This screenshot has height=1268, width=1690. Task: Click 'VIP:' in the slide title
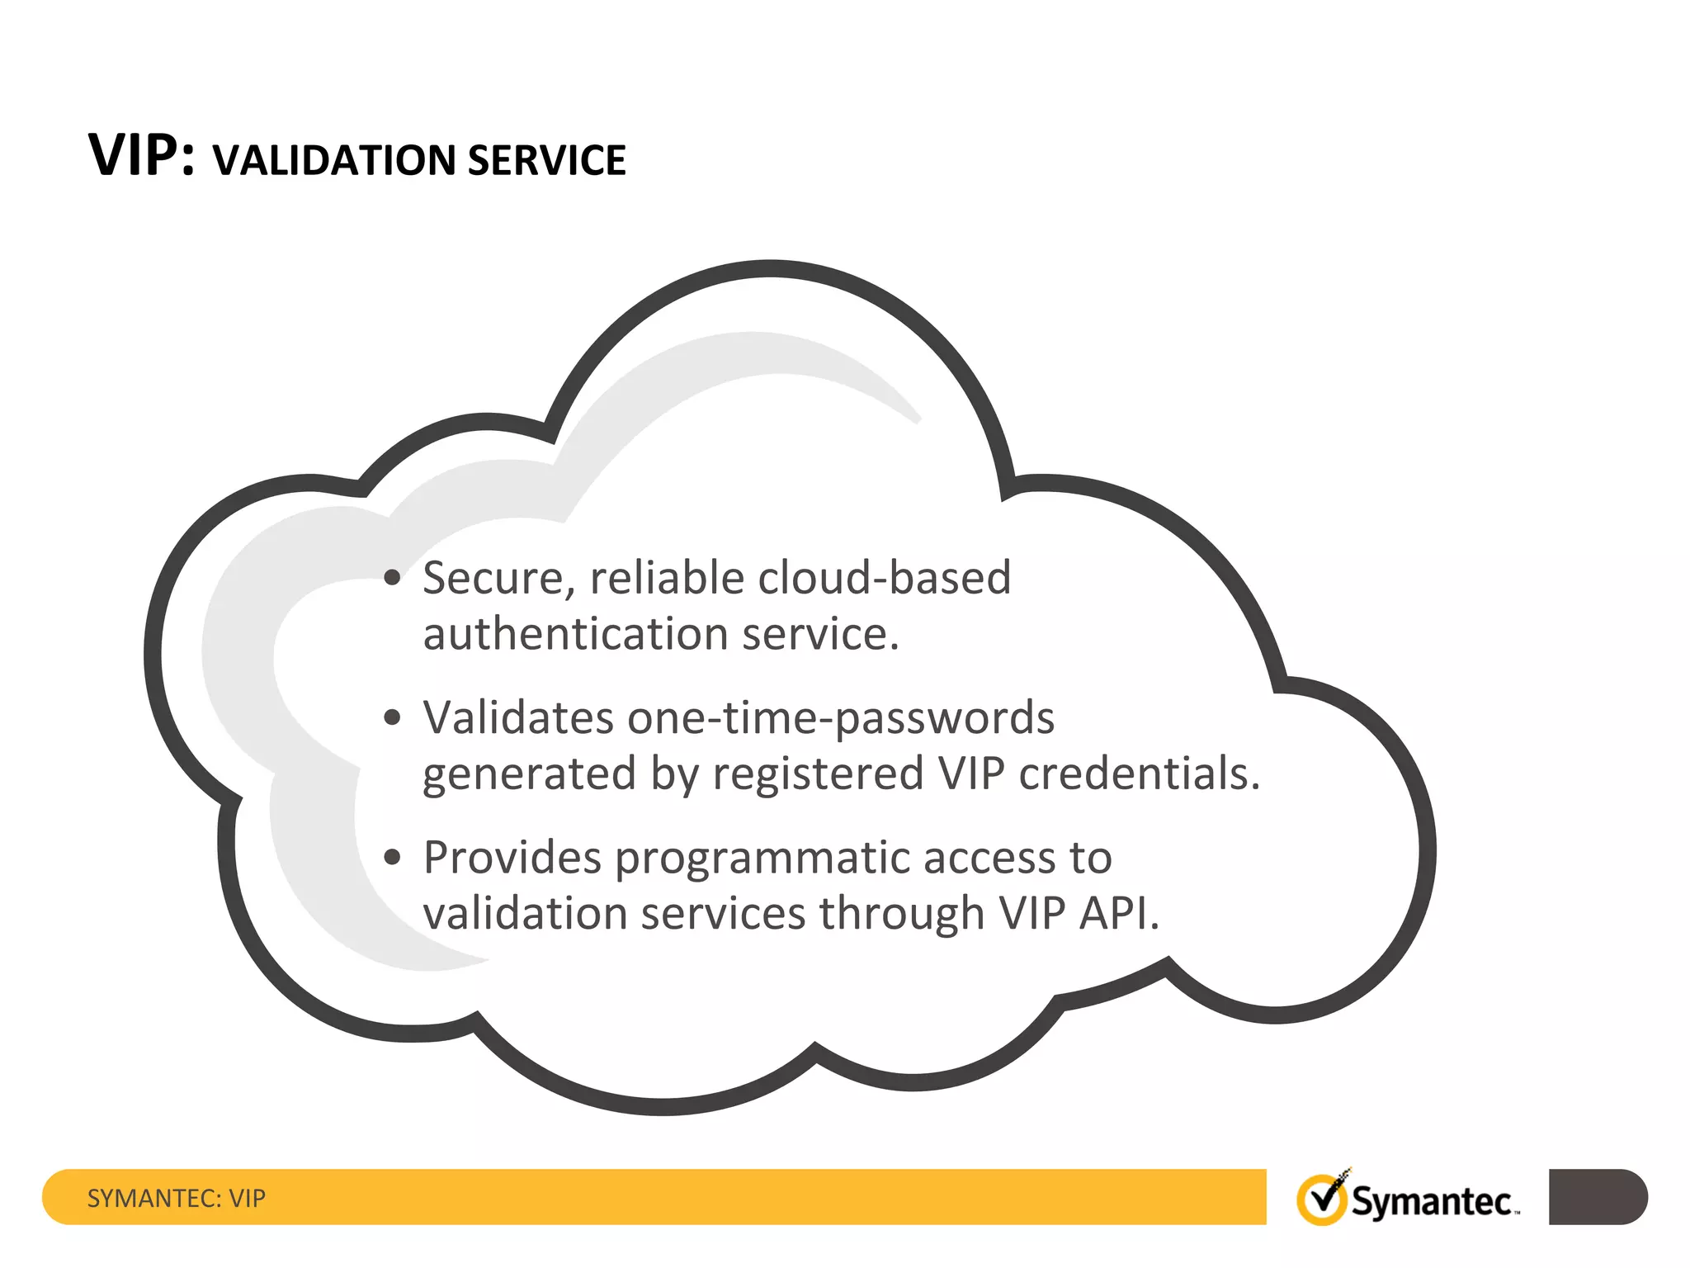pyautogui.click(x=141, y=155)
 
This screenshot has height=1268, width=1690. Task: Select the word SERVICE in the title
pyautogui.click(x=546, y=160)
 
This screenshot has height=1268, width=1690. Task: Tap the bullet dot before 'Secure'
pyautogui.click(x=393, y=578)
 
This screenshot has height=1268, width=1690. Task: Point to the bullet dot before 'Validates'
pyautogui.click(x=393, y=717)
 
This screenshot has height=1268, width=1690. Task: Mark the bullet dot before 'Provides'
pyautogui.click(x=393, y=857)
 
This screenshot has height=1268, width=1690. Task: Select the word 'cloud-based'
pyautogui.click(x=884, y=578)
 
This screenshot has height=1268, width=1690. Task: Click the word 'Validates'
pyautogui.click(x=518, y=717)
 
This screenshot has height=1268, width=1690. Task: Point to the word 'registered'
pyautogui.click(x=818, y=774)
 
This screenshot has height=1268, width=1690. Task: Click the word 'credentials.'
pyautogui.click(x=1140, y=774)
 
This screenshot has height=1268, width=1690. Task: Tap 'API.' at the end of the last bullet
pyautogui.click(x=1119, y=913)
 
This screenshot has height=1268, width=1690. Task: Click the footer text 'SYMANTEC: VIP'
pyautogui.click(x=177, y=1198)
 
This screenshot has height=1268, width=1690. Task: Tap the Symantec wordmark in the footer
pyautogui.click(x=1433, y=1202)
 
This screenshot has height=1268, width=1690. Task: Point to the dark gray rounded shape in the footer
pyautogui.click(x=1598, y=1197)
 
